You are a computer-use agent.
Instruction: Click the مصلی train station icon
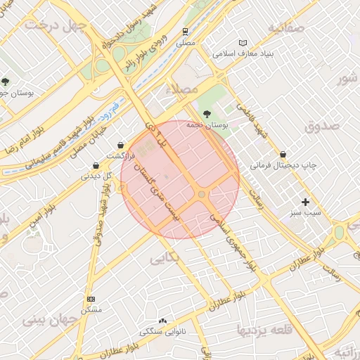185,32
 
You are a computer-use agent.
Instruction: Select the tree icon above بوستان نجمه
206,113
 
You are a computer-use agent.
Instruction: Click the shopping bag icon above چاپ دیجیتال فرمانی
283,153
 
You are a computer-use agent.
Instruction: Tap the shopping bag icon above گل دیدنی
96,166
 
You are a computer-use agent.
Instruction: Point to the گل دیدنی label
96,177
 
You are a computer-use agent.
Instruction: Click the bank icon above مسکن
91,299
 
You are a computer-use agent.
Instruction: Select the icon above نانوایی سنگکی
164,321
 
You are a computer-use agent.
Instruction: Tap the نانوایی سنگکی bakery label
163,331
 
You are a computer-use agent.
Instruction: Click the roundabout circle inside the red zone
202,194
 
